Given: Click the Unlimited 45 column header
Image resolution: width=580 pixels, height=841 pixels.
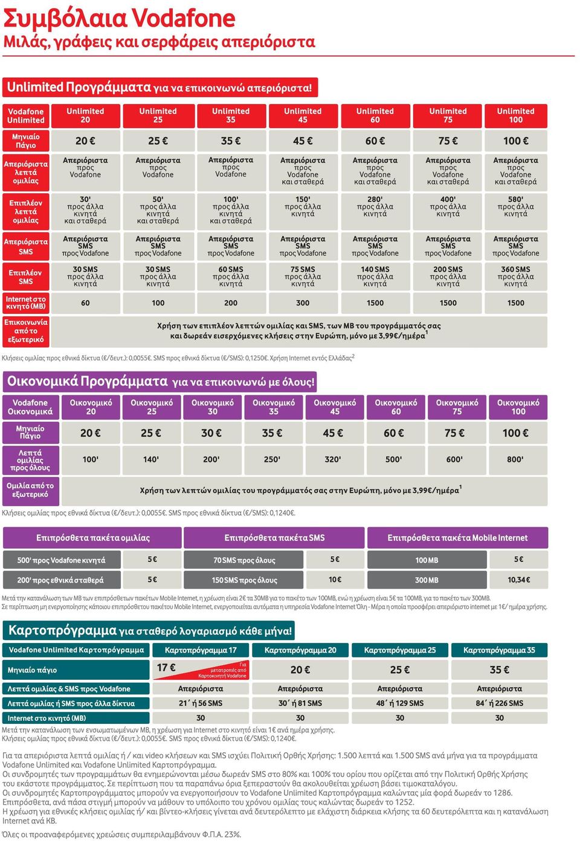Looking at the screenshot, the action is click(303, 116).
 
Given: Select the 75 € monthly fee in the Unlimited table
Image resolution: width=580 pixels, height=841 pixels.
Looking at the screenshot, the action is click(448, 141).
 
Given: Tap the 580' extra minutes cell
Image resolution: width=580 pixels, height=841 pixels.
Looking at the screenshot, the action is click(516, 211).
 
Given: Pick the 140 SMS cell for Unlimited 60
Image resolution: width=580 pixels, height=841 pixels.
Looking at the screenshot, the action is click(375, 277).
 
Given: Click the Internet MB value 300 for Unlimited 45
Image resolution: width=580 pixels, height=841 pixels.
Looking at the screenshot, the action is click(303, 303).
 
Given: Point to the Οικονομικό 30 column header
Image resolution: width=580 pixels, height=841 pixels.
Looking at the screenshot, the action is click(213, 407).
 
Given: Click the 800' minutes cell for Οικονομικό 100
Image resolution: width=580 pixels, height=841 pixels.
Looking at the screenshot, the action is click(518, 459).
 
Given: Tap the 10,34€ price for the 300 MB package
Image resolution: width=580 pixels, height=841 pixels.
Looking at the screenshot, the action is click(519, 580).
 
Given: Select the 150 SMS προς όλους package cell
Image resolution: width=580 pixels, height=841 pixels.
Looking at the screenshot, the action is click(244, 580).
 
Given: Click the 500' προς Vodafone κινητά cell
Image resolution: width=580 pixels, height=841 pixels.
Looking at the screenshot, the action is click(62, 560).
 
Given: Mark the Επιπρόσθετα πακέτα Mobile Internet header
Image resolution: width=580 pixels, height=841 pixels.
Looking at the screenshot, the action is click(457, 538).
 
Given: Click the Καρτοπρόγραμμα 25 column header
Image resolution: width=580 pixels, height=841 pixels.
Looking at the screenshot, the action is click(400, 650).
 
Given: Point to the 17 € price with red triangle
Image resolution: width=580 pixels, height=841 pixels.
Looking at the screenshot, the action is click(201, 670).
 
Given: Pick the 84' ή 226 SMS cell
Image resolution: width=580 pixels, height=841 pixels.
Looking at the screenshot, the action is click(499, 703).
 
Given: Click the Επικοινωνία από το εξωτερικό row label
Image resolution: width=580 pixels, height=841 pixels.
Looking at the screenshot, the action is click(26, 331).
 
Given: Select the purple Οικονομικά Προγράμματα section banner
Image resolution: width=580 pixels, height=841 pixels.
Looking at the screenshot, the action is click(160, 382).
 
